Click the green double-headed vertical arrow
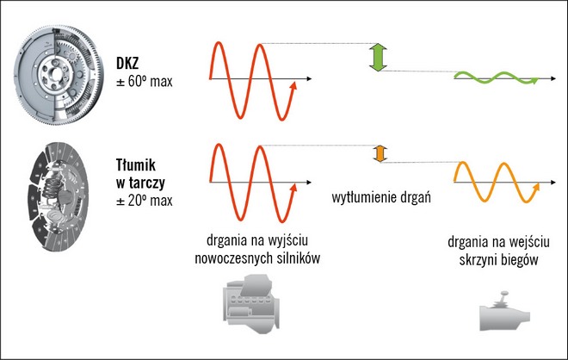point(376,57)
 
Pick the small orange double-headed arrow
point(377,153)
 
